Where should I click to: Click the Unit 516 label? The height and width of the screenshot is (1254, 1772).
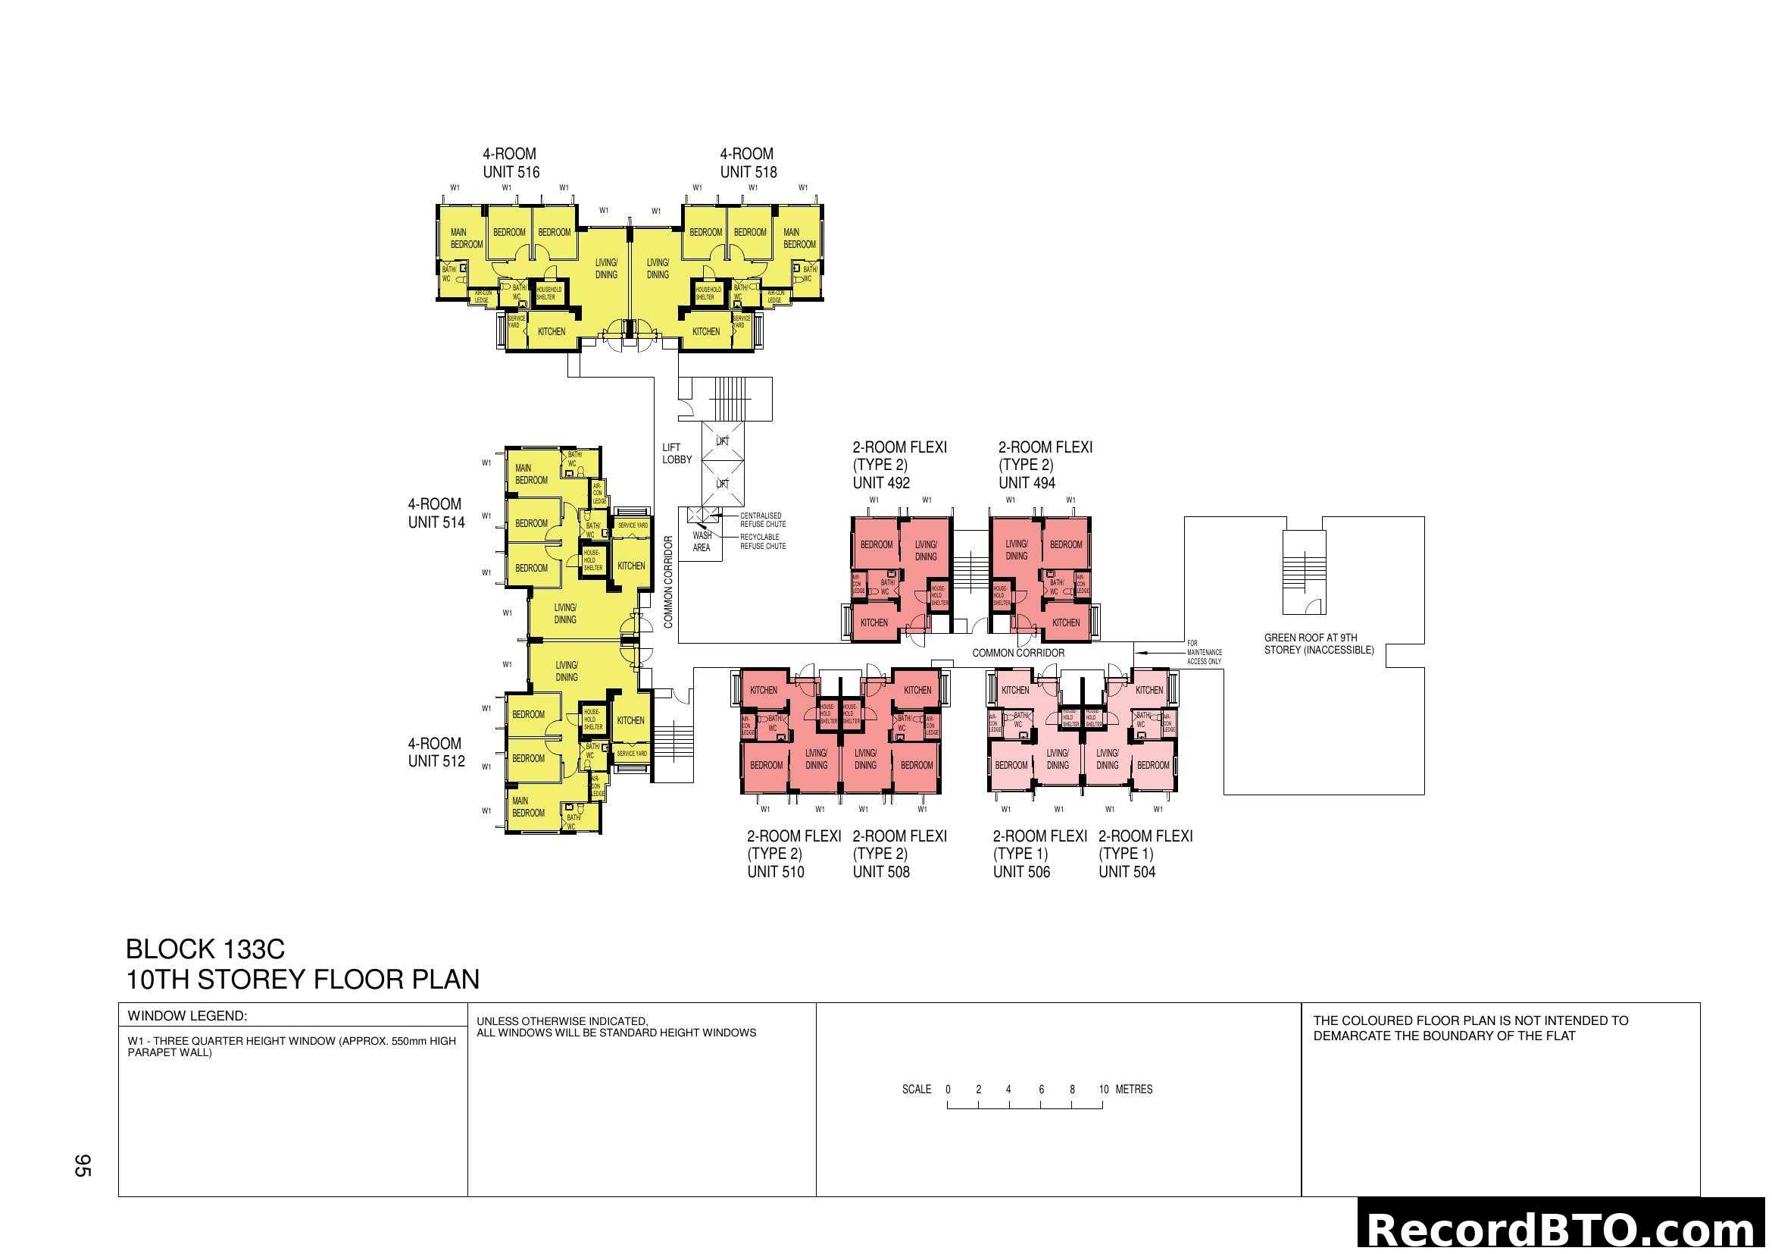pos(511,171)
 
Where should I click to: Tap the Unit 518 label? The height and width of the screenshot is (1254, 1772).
pos(748,171)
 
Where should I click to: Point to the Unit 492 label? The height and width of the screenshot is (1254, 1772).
pos(880,483)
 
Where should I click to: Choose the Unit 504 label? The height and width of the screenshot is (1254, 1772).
pos(1127,872)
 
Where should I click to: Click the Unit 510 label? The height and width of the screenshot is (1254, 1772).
pos(775,872)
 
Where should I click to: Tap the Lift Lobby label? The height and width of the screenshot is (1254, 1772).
pos(676,453)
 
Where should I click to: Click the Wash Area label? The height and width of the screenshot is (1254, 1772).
pos(702,541)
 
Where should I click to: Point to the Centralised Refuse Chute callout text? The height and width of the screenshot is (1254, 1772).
pos(763,519)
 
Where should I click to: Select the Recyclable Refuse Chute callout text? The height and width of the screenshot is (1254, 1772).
pos(763,541)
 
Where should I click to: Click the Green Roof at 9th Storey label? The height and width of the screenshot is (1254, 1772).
pos(1318,644)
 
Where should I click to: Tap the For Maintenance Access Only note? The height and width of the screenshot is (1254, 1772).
pos(1203,652)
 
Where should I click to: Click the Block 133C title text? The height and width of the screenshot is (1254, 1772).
pos(205,949)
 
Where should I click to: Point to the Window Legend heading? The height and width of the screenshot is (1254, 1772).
pos(188,1016)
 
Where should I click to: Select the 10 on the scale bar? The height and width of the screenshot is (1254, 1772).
pos(1103,1089)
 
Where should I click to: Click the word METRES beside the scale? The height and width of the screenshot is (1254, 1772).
pos(1134,1089)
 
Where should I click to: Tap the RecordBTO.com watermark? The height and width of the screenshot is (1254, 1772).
pos(1564,1229)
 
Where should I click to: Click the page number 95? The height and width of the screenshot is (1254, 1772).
pos(83,1165)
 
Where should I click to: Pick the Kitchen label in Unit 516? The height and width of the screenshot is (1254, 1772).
pos(551,331)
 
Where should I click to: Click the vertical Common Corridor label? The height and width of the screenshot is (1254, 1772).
pos(668,582)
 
